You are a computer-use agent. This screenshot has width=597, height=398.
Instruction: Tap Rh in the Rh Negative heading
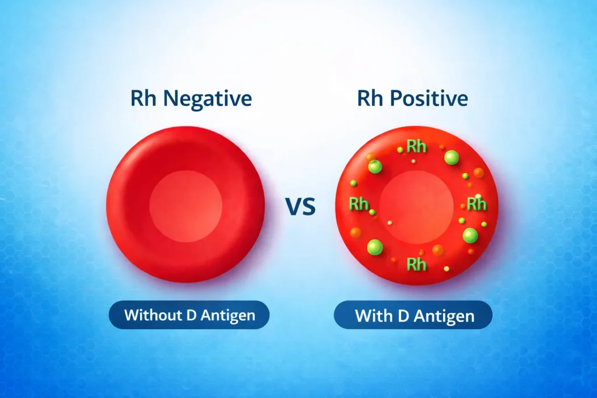click(143, 98)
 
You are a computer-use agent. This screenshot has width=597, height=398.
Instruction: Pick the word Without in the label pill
click(151, 316)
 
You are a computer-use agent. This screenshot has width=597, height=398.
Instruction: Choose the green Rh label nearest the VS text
click(359, 204)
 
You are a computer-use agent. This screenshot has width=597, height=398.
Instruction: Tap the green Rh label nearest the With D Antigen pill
click(416, 265)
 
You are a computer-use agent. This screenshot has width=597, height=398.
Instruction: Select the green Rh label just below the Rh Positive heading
click(416, 146)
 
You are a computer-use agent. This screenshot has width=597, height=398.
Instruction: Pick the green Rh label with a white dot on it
click(476, 203)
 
